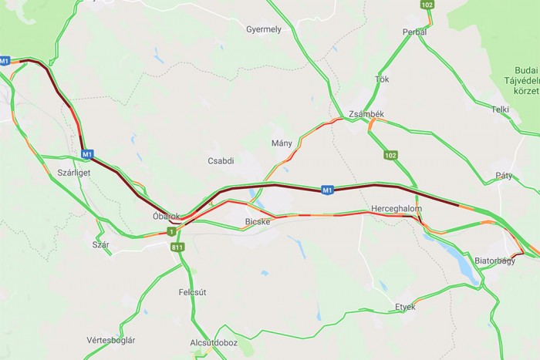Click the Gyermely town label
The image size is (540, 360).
263,29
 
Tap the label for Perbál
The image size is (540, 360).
414,32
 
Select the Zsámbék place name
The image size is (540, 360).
366,114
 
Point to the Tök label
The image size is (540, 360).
382,79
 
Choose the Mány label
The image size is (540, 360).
282,143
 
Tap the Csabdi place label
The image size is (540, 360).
221,161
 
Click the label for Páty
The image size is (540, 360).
505,175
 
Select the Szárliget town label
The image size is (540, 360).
74,173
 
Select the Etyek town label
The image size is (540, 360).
405,307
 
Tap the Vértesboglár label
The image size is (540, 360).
111,340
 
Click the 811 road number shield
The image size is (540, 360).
178,247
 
